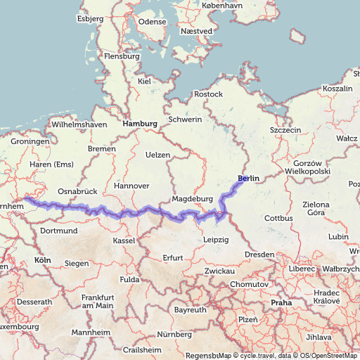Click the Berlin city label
(x=248, y=179)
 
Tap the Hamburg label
(x=140, y=124)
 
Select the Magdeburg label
(x=192, y=199)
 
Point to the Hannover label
(x=131, y=186)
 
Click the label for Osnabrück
(x=77, y=191)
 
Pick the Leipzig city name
(x=215, y=240)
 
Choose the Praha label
(x=281, y=302)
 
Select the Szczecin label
(x=285, y=130)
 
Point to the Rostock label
(x=208, y=94)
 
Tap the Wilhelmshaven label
(x=79, y=125)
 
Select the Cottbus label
(x=278, y=219)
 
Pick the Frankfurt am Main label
(x=97, y=302)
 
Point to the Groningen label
(x=30, y=141)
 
